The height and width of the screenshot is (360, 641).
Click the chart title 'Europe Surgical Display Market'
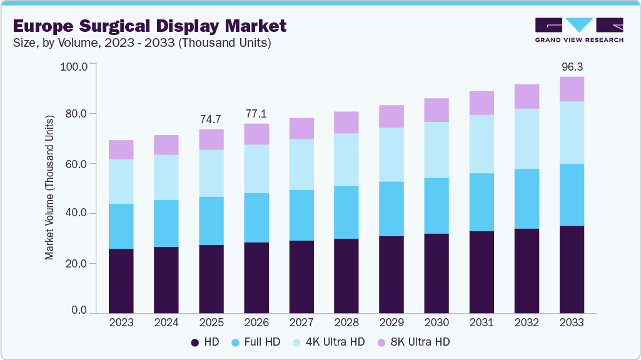[149, 26]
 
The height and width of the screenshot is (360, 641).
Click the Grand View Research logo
[579, 30]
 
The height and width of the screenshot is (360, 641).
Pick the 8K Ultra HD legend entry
[415, 342]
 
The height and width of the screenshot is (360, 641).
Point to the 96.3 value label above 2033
[572, 66]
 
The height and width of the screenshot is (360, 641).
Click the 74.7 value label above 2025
[211, 119]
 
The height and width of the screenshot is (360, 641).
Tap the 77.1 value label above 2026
[256, 113]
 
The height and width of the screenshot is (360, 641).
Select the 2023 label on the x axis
[121, 322]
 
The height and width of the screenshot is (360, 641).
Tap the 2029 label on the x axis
[391, 322]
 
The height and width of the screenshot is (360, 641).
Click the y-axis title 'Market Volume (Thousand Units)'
[49, 186]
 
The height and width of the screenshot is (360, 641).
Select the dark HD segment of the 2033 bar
[572, 269]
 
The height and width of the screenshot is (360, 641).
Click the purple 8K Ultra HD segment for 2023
[121, 150]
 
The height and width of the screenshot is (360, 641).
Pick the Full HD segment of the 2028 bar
[346, 212]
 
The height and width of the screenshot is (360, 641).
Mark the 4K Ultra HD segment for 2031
[482, 144]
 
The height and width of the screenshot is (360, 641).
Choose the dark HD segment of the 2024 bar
[166, 280]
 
